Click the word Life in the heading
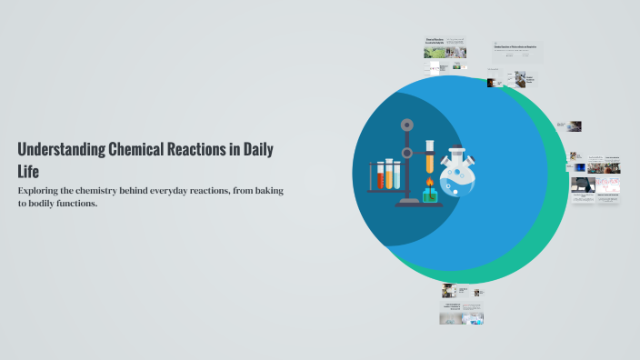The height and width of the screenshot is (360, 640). point(28,172)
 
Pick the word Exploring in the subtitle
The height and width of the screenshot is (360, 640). point(41,190)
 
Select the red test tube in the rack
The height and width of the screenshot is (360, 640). point(380,174)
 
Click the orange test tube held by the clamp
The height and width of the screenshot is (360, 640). point(430,155)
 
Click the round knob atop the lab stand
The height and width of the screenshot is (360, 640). point(407,124)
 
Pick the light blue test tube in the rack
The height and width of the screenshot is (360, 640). point(399,174)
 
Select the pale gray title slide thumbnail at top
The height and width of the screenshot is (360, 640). point(517,52)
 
